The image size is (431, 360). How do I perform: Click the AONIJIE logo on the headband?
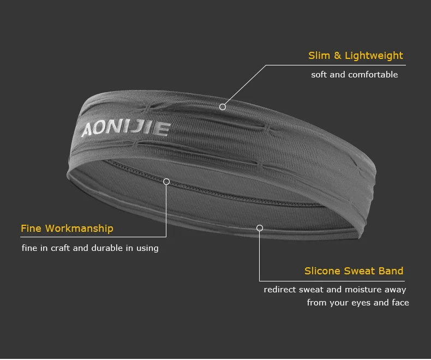tap(126, 129)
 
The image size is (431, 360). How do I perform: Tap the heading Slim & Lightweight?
tap(356, 56)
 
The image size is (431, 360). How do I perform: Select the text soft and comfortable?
tap(355, 75)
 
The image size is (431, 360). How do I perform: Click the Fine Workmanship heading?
tap(67, 229)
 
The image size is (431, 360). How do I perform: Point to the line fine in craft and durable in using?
tap(90, 248)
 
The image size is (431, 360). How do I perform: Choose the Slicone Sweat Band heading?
tap(354, 271)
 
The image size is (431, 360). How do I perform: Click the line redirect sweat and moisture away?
tap(335, 290)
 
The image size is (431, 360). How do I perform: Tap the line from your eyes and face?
tap(358, 303)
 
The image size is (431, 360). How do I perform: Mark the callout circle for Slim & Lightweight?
tap(223, 107)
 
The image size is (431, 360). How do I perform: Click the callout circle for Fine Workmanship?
tap(166, 182)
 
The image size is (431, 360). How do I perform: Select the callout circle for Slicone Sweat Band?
tap(260, 228)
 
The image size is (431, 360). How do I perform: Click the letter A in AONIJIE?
tap(88, 131)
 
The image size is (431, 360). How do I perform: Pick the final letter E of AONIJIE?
tap(163, 128)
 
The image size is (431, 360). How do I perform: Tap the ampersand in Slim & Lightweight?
tap(338, 56)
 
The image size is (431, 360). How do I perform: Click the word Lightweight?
tap(374, 56)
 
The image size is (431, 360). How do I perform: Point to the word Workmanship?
tap(80, 229)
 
